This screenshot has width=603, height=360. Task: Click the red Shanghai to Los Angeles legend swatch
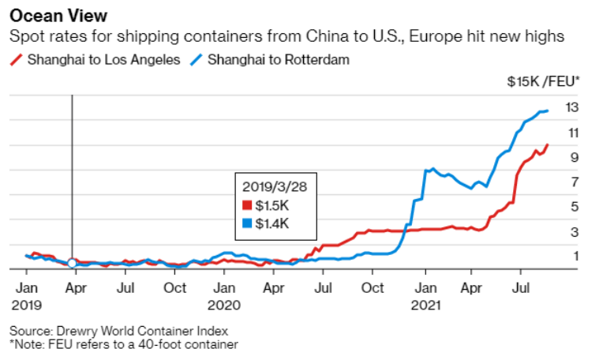coord(15,60)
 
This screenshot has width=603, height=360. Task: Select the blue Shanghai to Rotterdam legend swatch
coord(196,60)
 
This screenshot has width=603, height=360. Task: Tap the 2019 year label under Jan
coord(27,303)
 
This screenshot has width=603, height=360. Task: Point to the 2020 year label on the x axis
coord(227,303)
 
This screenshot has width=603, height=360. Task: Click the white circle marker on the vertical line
coord(72,263)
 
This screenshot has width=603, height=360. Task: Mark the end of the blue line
coord(548,111)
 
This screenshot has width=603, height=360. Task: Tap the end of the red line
coord(548,145)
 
